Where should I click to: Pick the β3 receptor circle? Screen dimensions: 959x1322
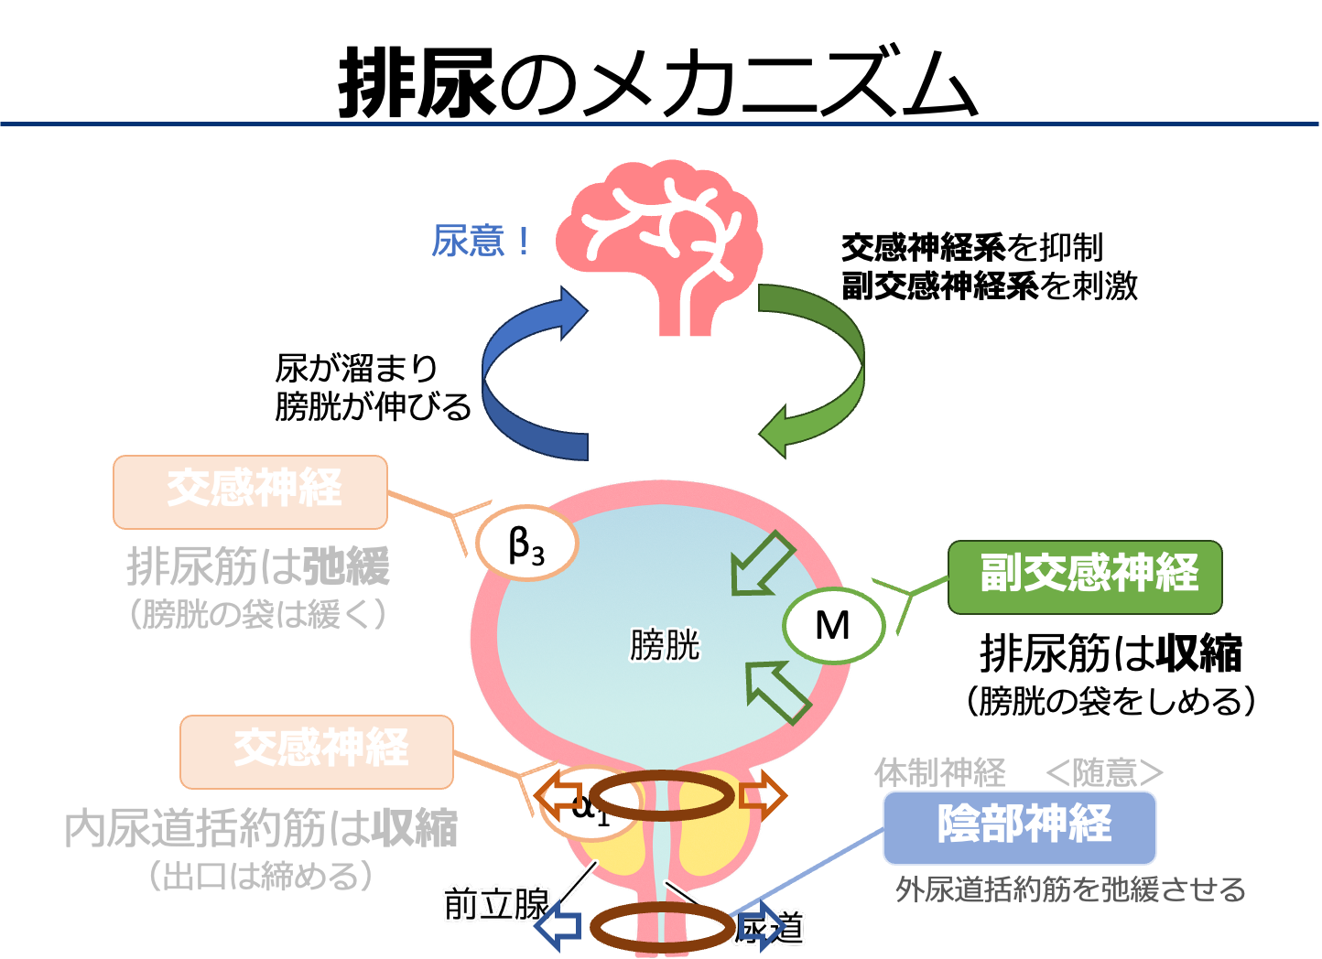click(x=526, y=544)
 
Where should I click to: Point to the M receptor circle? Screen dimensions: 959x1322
click(x=833, y=627)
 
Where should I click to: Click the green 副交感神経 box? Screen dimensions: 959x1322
click(x=1085, y=576)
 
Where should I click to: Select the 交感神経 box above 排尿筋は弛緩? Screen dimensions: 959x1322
click(x=250, y=491)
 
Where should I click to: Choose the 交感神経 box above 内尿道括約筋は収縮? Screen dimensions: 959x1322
click(x=317, y=751)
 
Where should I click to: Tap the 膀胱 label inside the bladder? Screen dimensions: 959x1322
click(x=665, y=646)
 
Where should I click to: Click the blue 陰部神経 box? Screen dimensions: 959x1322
click(x=1019, y=827)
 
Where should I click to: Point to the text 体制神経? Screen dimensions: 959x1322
click(x=940, y=773)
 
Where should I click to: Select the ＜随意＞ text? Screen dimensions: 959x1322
click(x=1104, y=773)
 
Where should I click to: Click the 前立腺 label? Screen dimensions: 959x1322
click(x=495, y=904)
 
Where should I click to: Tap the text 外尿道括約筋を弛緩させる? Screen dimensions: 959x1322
click(x=1070, y=889)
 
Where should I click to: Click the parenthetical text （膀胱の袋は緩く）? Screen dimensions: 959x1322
click(x=259, y=614)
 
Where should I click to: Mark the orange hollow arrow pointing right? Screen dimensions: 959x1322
click(x=763, y=795)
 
